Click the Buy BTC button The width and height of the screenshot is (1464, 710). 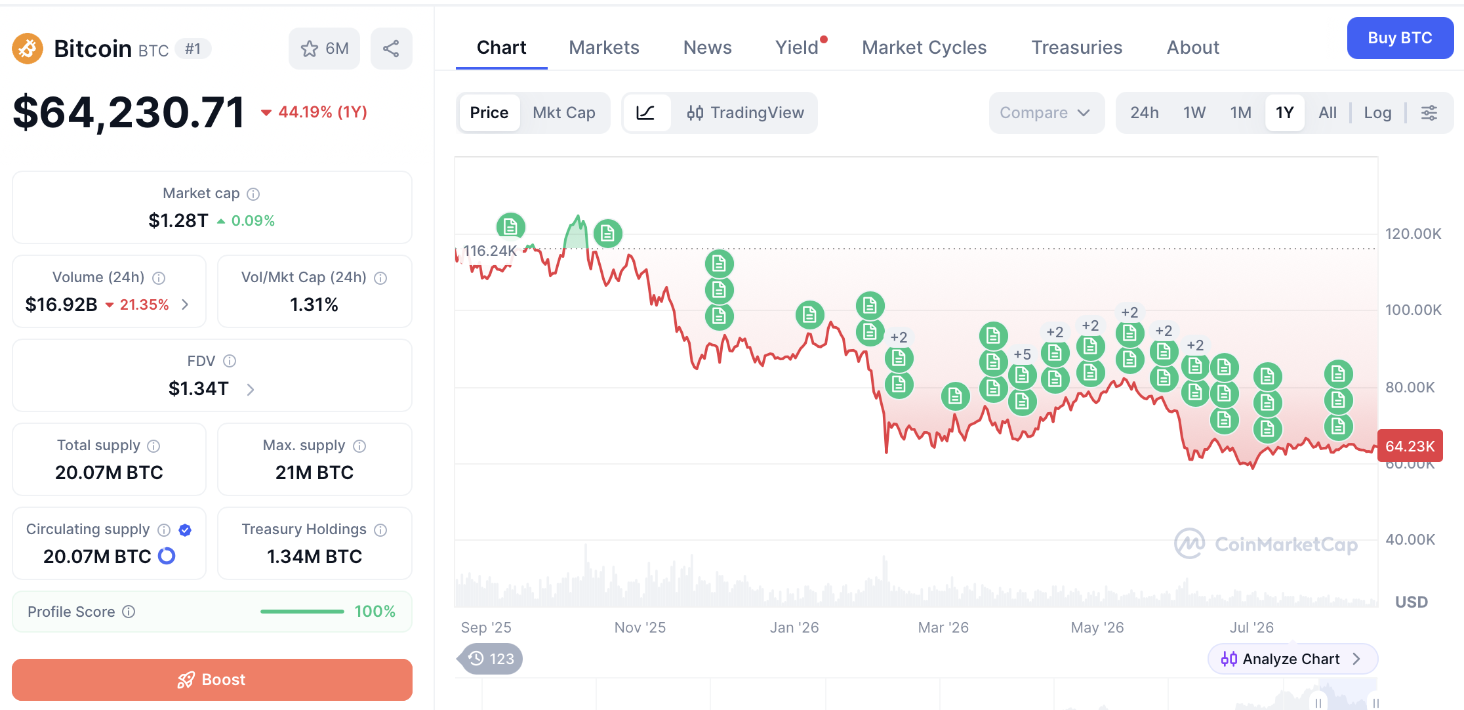tap(1400, 38)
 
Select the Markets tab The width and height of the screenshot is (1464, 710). tap(603, 47)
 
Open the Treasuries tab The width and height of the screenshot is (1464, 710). tap(1076, 47)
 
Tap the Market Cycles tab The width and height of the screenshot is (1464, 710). tap(924, 47)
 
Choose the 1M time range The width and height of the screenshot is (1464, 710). tap(1240, 113)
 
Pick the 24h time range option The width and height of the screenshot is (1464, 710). tap(1145, 113)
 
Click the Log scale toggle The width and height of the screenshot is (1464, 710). tap(1377, 113)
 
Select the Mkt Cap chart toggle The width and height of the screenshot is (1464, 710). tap(564, 113)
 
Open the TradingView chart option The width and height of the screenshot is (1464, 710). tap(745, 113)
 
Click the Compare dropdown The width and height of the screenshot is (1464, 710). tap(1046, 113)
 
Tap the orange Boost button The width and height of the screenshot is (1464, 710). tap(212, 679)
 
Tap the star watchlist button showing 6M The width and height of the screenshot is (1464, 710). tap(324, 49)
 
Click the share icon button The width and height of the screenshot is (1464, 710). tap(391, 49)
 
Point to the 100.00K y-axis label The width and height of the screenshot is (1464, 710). tap(1413, 310)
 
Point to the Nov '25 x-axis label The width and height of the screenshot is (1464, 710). tap(640, 627)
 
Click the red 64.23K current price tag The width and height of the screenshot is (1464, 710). tap(1410, 446)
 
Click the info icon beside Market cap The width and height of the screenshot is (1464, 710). tap(253, 194)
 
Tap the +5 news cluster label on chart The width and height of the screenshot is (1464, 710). tap(1022, 354)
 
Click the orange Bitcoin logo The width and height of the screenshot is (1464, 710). tap(28, 49)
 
